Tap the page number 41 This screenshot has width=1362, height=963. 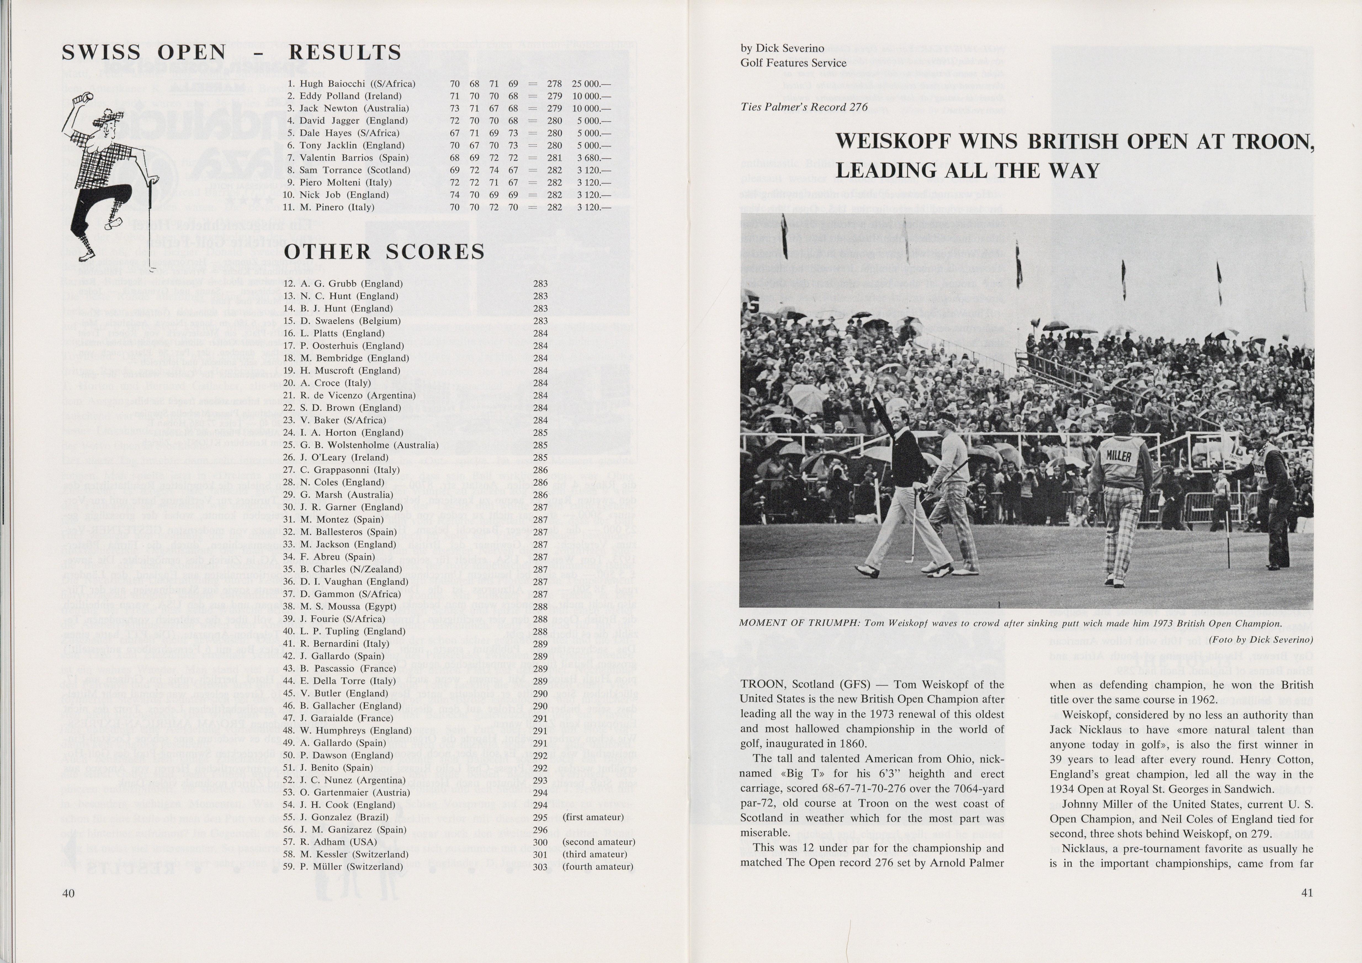(x=1307, y=893)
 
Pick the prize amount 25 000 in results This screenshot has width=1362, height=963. (x=591, y=84)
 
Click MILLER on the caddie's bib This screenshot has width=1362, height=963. (x=1118, y=457)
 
